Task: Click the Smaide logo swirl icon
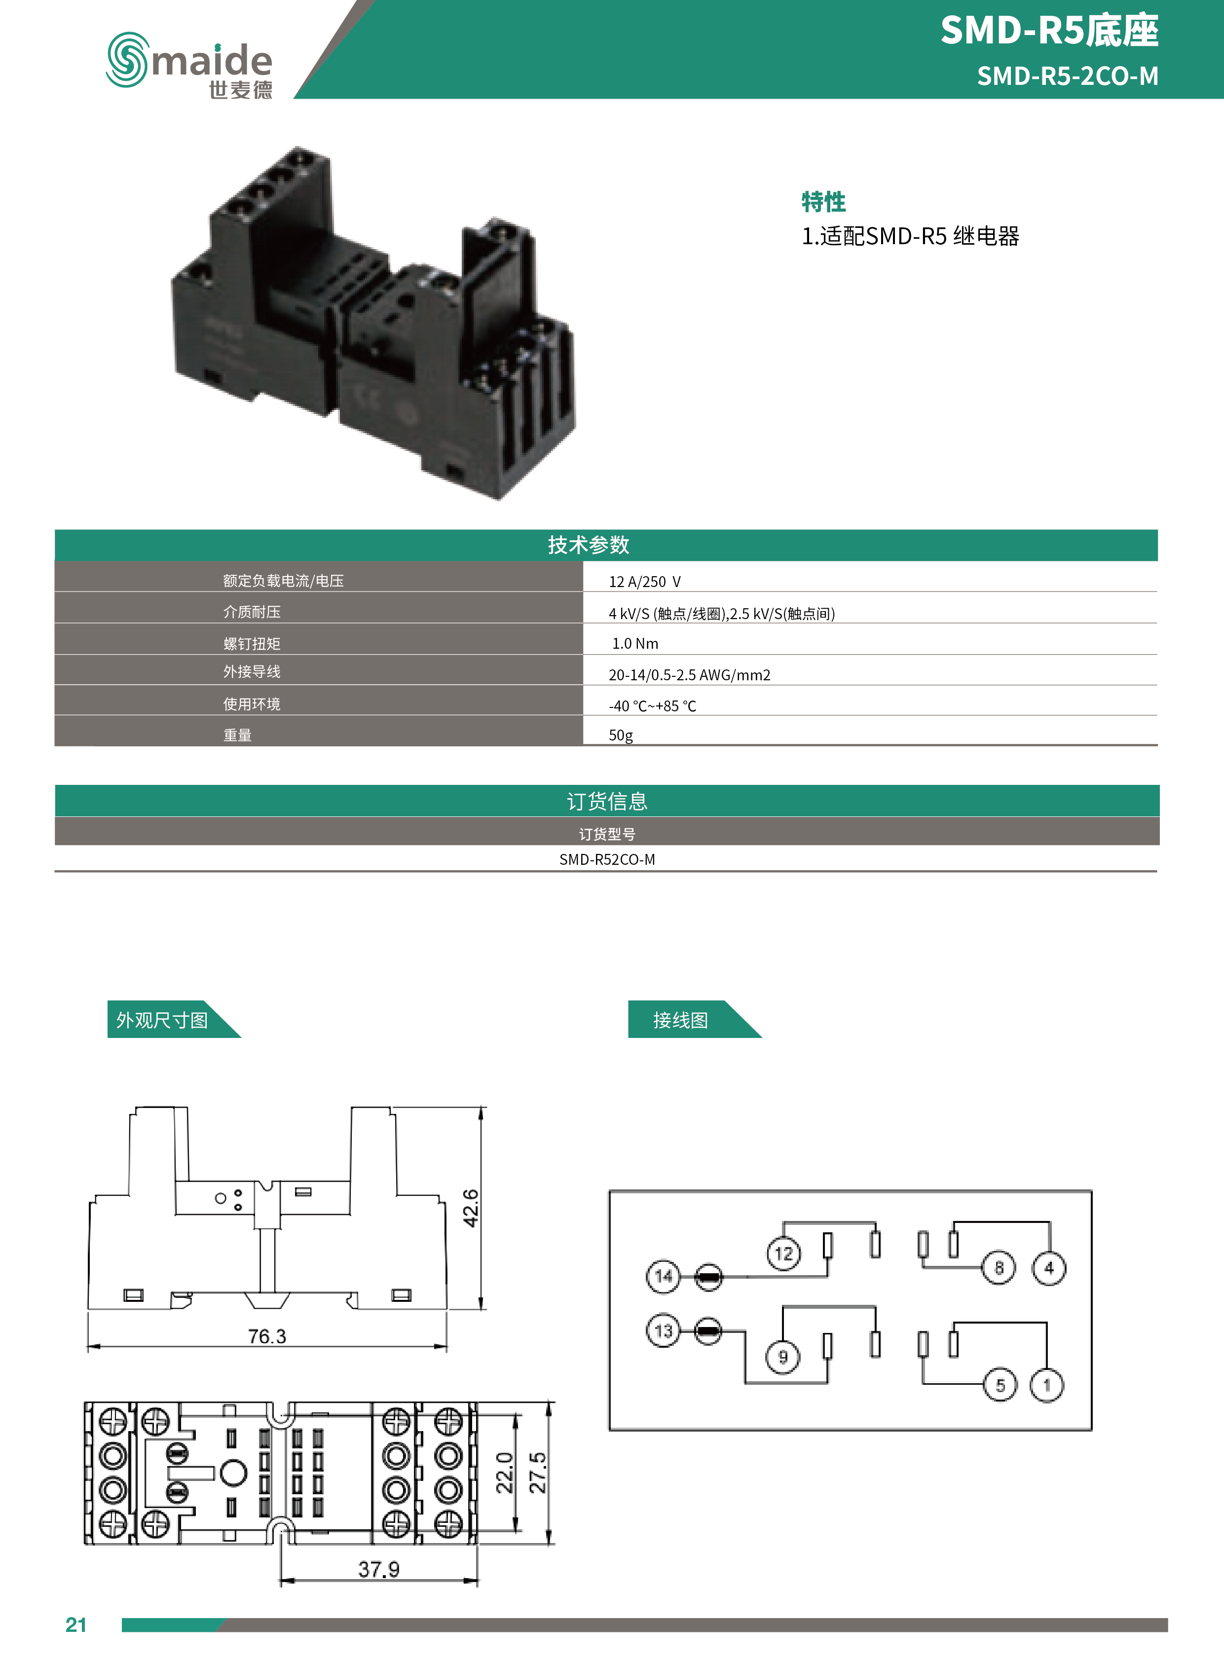click(127, 59)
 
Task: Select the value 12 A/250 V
click(644, 582)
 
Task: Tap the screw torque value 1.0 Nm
click(635, 643)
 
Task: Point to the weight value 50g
click(621, 735)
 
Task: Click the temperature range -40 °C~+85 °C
click(652, 705)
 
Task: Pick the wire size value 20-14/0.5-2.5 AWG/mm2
click(689, 674)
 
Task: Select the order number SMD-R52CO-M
click(607, 859)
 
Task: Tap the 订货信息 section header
click(607, 801)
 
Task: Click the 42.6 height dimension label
click(471, 1208)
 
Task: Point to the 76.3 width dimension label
click(267, 1336)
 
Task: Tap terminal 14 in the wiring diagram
click(663, 1276)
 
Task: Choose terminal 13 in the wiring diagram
click(663, 1330)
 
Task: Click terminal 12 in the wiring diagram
click(783, 1254)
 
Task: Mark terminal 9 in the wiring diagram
click(782, 1357)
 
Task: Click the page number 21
click(75, 1624)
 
